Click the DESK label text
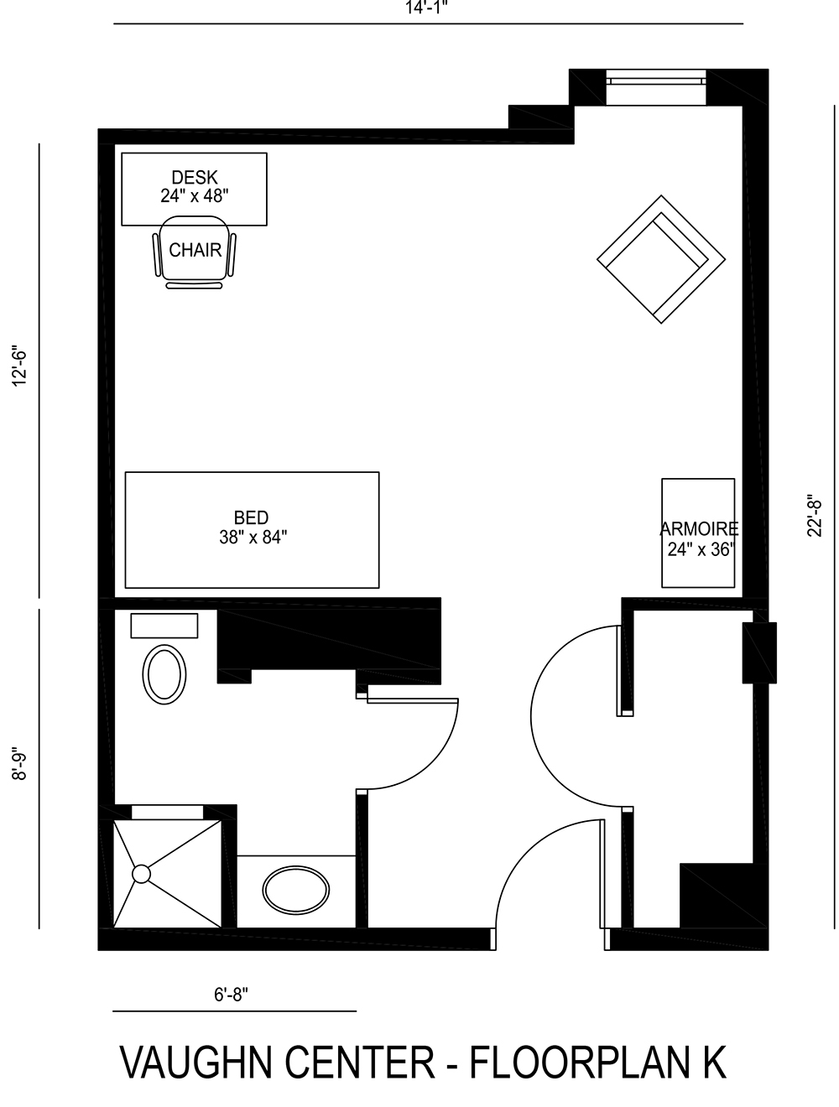(x=195, y=178)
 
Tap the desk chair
(x=195, y=251)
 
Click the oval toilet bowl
(x=164, y=673)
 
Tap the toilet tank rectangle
(x=164, y=626)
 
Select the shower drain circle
(x=141, y=874)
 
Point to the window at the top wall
(x=655, y=87)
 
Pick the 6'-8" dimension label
(x=231, y=995)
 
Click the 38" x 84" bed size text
(x=253, y=538)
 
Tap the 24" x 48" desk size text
(x=195, y=196)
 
